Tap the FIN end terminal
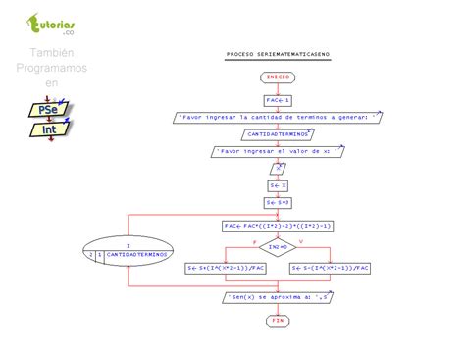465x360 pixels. pos(278,321)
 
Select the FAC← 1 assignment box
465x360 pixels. pos(278,99)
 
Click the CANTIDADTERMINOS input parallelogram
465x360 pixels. pos(278,133)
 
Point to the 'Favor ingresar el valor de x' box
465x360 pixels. pos(279,152)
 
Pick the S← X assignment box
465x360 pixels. pos(278,185)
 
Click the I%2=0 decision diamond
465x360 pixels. pos(278,247)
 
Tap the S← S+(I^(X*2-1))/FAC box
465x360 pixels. pos(228,266)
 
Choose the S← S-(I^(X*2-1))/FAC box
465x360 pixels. pos(332,266)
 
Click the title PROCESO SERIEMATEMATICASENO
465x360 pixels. pos(278,56)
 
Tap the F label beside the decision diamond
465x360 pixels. pos(254,240)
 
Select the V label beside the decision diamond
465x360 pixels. pos(300,240)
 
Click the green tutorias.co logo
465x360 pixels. pos(54,25)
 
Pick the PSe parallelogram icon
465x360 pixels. pos(46,110)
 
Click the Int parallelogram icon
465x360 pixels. pos(47,129)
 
